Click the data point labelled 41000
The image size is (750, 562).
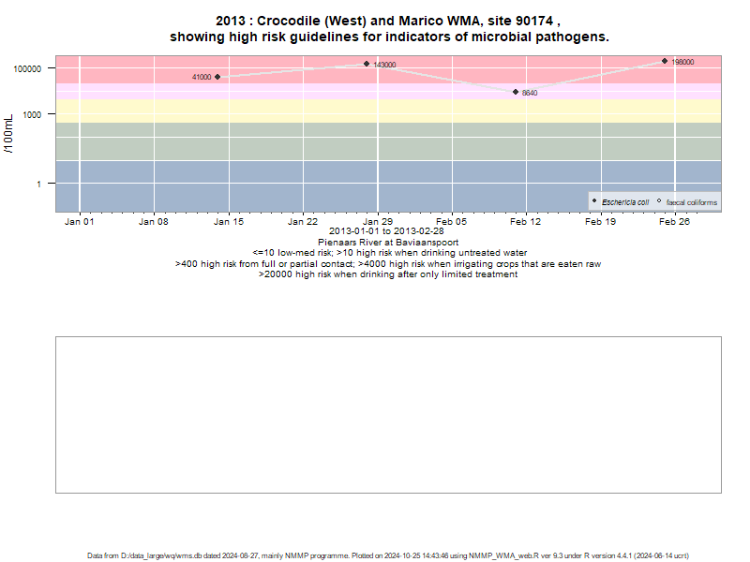[x=217, y=77]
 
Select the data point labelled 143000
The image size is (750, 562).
[x=367, y=64]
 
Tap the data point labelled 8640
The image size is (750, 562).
[x=516, y=92]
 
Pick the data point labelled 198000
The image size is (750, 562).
[x=665, y=61]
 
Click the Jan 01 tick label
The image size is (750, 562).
[x=80, y=222]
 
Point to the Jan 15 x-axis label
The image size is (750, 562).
[x=229, y=222]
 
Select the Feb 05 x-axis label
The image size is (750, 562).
[x=452, y=222]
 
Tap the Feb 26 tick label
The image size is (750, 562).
[x=674, y=222]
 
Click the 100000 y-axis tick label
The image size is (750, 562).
[x=27, y=68]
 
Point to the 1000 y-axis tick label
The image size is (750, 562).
[x=32, y=114]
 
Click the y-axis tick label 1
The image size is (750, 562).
[x=38, y=184]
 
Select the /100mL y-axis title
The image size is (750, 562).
[x=8, y=134]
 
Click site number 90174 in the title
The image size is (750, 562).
[x=534, y=21]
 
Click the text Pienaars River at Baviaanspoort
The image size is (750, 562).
[x=388, y=243]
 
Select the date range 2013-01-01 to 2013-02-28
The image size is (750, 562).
[x=386, y=231]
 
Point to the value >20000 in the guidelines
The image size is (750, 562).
[x=276, y=274]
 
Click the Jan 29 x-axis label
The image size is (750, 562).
[x=378, y=222]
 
